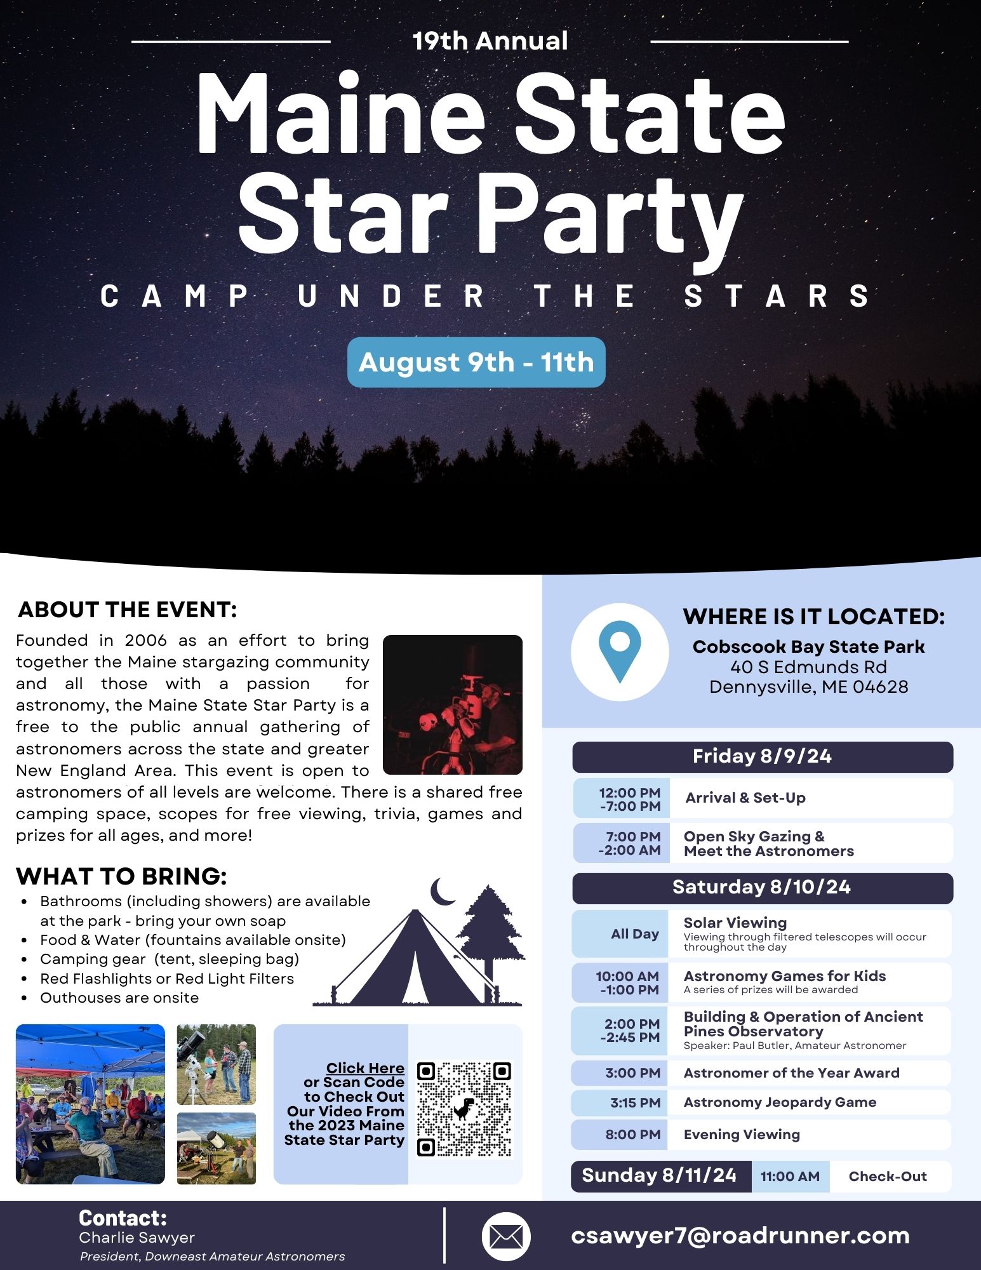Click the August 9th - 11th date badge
[476, 362]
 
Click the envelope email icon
[506, 1236]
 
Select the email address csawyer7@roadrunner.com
[740, 1235]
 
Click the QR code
[464, 1108]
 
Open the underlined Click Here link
[365, 1068]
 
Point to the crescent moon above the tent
[441, 891]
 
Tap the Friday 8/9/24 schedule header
[763, 757]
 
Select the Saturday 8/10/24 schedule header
[763, 888]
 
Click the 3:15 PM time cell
[620, 1103]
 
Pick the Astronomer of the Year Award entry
[792, 1073]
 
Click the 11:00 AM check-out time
[791, 1177]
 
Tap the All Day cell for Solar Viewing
[620, 934]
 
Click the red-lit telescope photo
[453, 705]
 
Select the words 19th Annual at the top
[490, 41]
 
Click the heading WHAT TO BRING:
[121, 876]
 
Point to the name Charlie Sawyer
[137, 1238]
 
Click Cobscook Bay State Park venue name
[808, 646]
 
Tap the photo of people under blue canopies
[90, 1104]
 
